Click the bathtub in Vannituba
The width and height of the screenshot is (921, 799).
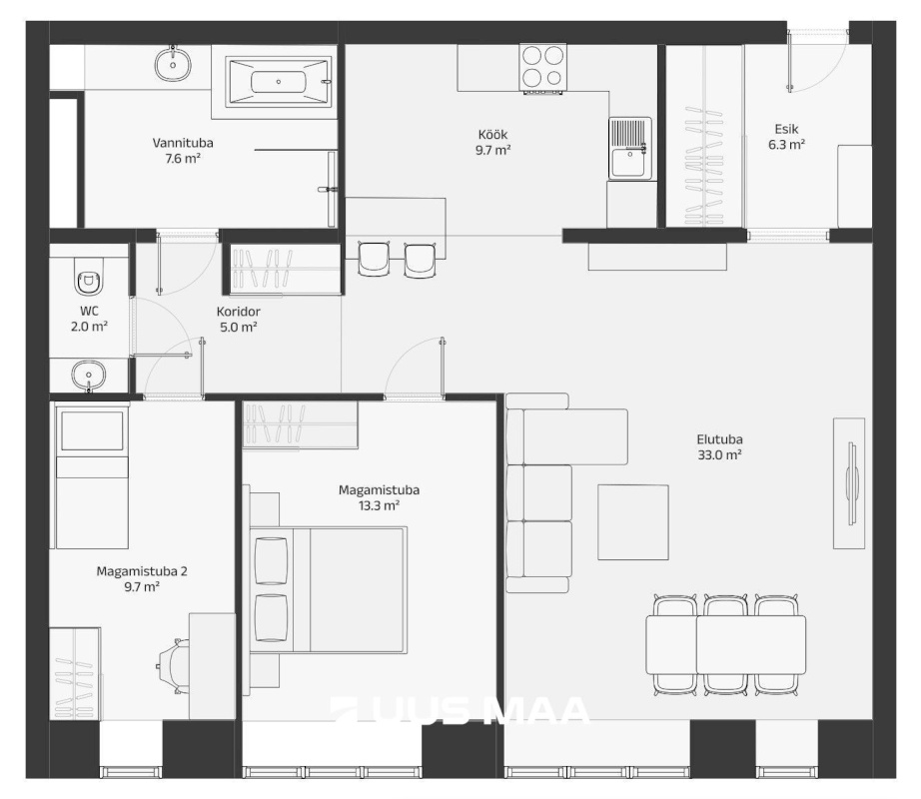[278, 82]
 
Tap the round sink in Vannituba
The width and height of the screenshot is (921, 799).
[173, 64]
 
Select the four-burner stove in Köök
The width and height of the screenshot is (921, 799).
[542, 68]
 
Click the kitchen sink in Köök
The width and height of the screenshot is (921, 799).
[630, 148]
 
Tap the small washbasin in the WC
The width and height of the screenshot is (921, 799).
[89, 376]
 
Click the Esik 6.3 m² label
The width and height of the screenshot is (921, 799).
[786, 137]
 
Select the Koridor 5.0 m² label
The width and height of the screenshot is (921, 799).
[239, 320]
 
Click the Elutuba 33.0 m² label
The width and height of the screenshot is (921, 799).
[719, 446]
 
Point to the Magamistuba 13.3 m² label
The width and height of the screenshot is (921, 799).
[379, 497]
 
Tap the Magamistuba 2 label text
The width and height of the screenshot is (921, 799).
[142, 570]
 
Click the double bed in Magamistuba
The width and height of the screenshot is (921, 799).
[329, 590]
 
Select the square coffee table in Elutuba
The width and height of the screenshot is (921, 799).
[633, 522]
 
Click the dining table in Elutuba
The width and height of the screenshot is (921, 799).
[725, 644]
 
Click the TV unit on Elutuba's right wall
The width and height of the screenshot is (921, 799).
[849, 483]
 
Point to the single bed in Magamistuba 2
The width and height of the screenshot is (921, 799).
[92, 476]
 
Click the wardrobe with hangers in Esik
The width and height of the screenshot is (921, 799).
[703, 136]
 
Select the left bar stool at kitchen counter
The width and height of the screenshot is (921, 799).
[375, 259]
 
